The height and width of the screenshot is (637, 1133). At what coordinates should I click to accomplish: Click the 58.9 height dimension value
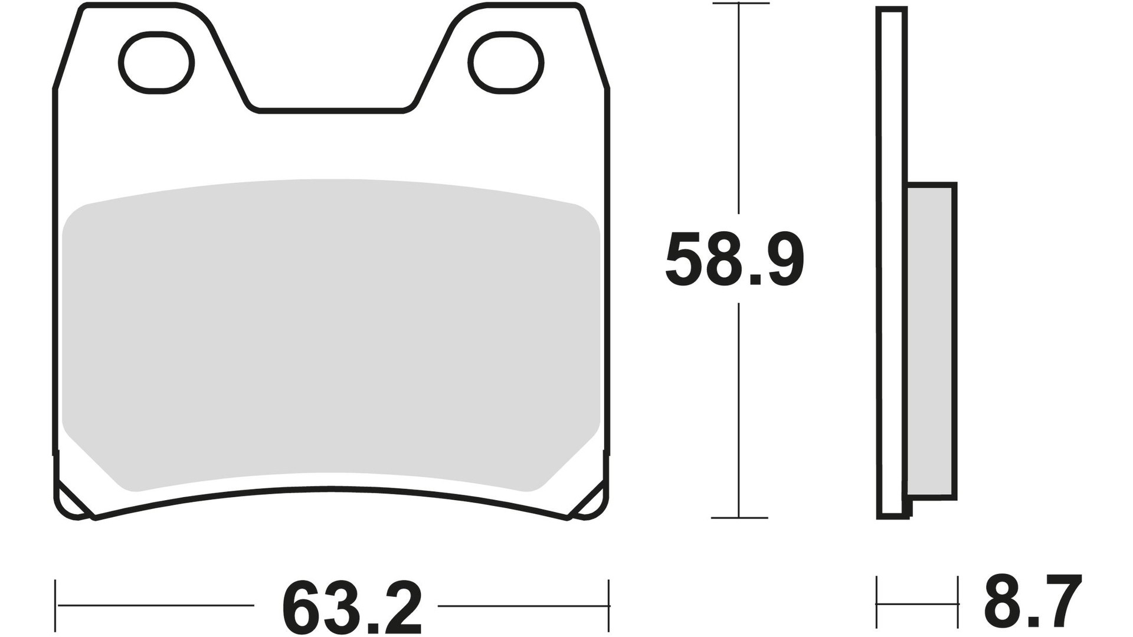[735, 260]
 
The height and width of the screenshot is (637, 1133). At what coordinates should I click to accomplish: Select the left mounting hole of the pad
[157, 63]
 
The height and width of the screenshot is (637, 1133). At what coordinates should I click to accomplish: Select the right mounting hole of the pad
[506, 63]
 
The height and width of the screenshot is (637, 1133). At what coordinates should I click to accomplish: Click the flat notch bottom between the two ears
[331, 110]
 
